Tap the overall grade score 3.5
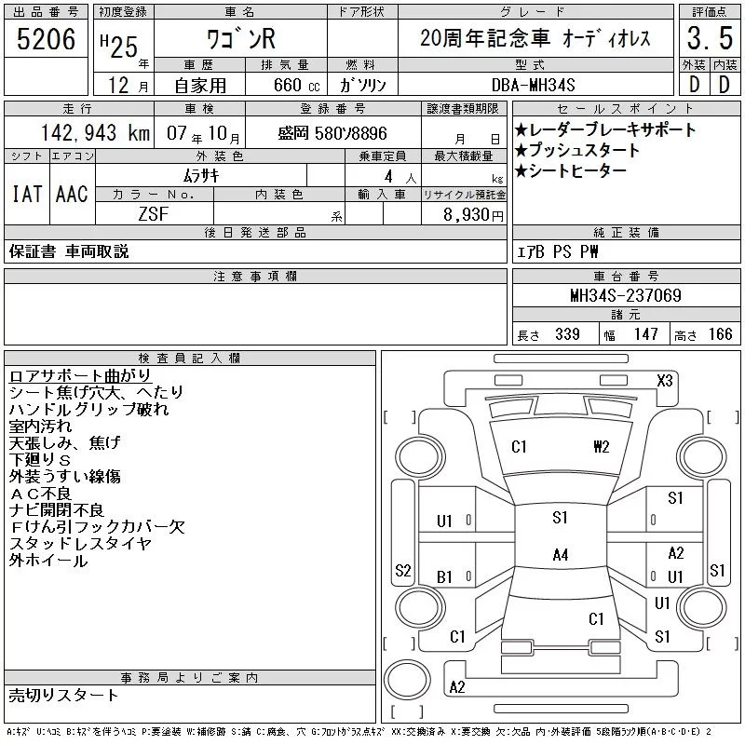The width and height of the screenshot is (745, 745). pos(709,39)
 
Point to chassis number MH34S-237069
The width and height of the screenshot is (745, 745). pos(626,295)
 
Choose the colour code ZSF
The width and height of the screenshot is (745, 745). pos(154,213)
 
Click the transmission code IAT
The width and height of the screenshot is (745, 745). pos(25,194)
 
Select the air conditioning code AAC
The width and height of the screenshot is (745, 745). pos(71,194)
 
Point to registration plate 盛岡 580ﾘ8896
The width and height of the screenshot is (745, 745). pos(332,133)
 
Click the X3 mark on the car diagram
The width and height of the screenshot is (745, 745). pos(664,380)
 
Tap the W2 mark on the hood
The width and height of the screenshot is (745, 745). pos(601,446)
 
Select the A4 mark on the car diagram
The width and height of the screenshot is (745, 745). pos(560,555)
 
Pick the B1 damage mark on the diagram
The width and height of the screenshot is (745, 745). pos(444,577)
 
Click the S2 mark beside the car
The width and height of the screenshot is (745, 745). pos(403,571)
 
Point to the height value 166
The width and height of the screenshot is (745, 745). pos(720,334)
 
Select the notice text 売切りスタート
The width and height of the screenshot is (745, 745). pos(63,695)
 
